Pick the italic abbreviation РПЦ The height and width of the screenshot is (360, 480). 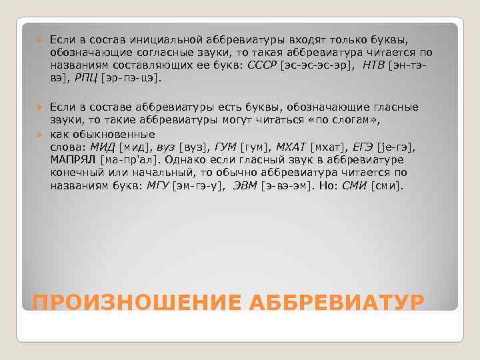pos(86,78)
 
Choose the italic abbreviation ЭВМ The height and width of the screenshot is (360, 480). pos(245,186)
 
